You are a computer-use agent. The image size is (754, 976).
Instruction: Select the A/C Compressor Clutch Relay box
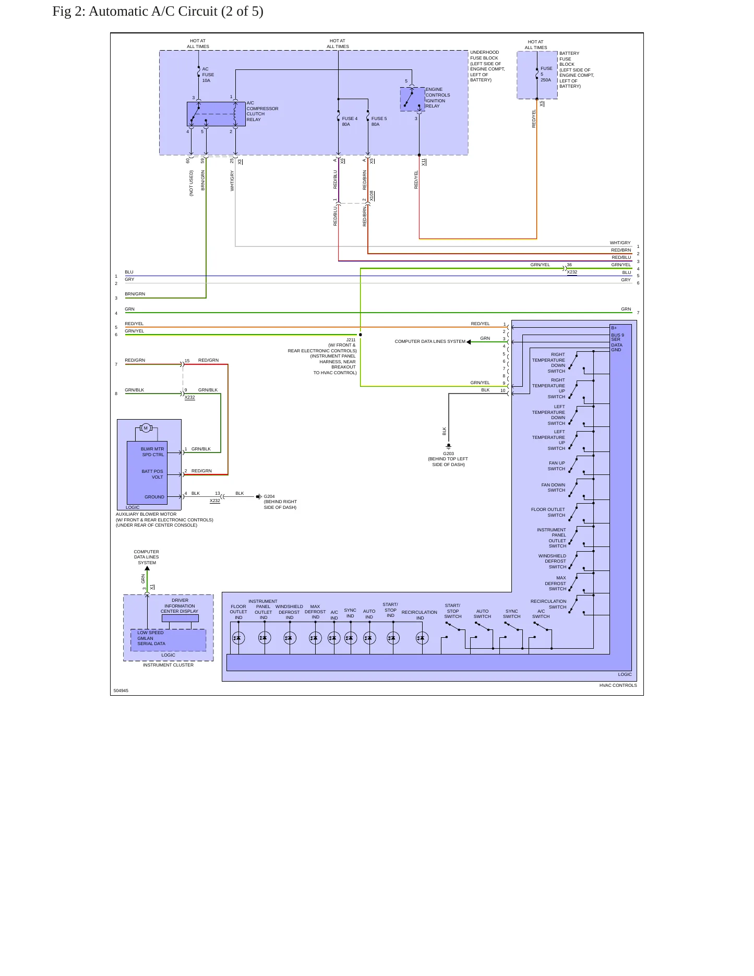[x=216, y=114]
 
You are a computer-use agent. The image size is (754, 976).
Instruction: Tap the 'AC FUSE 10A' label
[x=208, y=75]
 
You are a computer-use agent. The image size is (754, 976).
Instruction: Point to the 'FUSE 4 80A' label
[x=350, y=122]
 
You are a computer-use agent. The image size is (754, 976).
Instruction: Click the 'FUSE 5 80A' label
[x=379, y=122]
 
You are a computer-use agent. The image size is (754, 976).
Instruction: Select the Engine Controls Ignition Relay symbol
[x=412, y=99]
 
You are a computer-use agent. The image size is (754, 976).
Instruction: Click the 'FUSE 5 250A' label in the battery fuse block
[x=546, y=74]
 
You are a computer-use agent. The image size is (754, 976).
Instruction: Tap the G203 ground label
[x=448, y=454]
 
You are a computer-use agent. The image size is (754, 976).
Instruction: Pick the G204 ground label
[x=269, y=496]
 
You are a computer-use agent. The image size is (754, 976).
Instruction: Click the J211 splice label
[x=351, y=340]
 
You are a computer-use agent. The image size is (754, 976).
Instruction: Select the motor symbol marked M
[x=146, y=428]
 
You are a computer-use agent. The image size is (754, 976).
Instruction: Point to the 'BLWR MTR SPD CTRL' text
[x=152, y=452]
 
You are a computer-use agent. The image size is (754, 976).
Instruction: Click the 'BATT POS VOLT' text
[x=152, y=474]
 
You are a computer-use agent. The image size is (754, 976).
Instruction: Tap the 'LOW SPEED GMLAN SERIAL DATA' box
[x=168, y=640]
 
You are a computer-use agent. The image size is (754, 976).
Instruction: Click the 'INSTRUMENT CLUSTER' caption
[x=168, y=665]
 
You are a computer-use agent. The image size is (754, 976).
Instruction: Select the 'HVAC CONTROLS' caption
[x=618, y=685]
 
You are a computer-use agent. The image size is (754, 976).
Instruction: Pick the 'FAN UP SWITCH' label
[x=557, y=466]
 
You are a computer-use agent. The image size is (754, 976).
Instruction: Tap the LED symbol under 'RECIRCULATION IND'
[x=422, y=638]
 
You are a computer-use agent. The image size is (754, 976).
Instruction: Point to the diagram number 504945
[x=121, y=691]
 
